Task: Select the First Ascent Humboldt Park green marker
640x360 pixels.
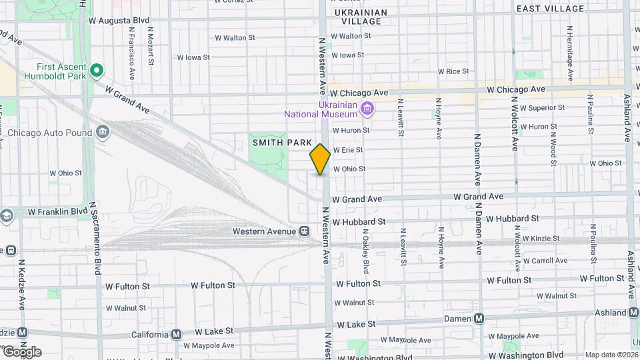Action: pos(97,69)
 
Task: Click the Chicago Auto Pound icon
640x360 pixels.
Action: pos(103,132)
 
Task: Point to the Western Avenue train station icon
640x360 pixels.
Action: pos(304,231)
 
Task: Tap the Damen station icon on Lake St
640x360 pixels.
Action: pos(478,319)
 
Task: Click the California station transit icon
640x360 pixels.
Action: pos(176,334)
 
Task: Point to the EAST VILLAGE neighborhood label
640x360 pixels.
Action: pos(551,8)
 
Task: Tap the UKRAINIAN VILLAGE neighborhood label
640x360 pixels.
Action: pos(360,17)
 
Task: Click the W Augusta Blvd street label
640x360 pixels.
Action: pos(119,21)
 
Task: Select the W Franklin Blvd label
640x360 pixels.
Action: pos(58,211)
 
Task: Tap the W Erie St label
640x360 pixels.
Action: pos(347,150)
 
